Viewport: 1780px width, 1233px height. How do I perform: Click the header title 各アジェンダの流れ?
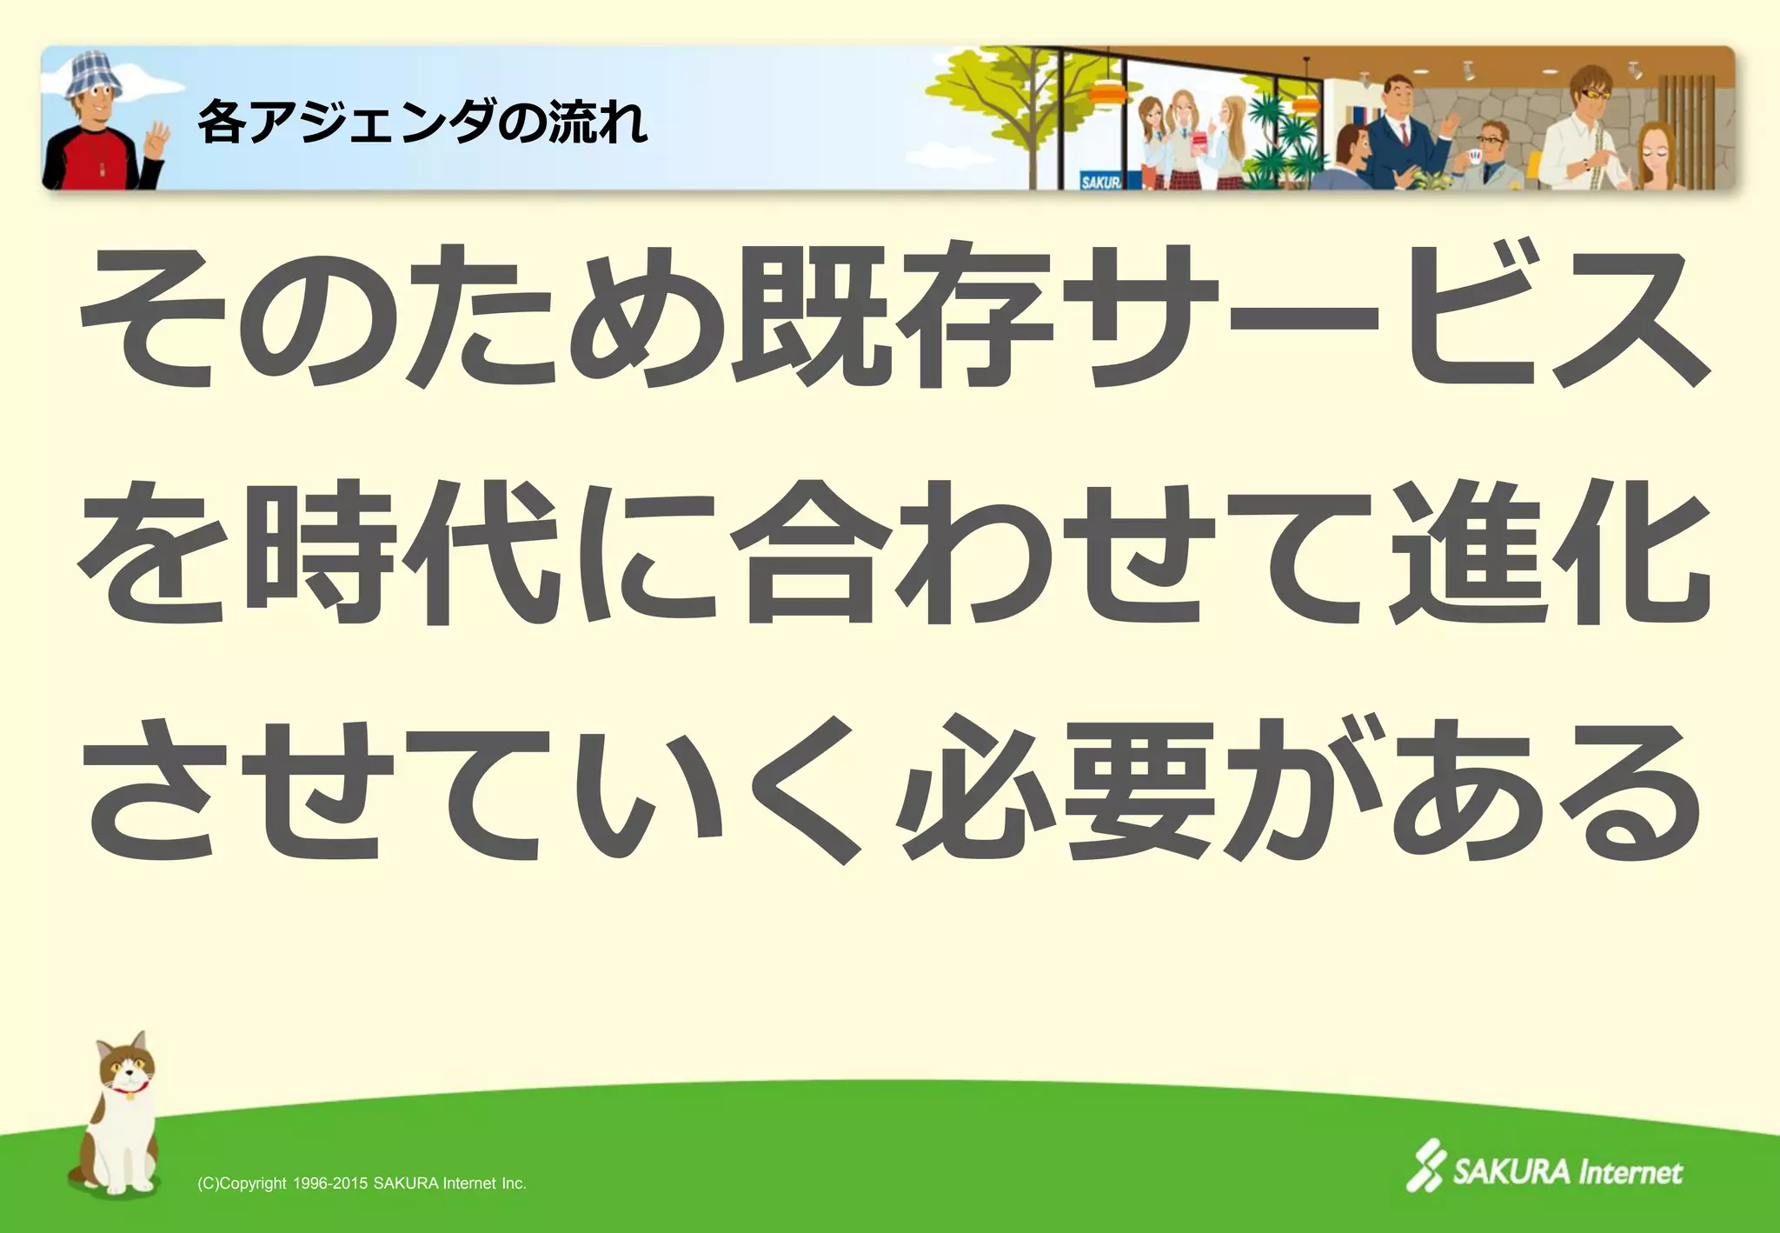pos(422,122)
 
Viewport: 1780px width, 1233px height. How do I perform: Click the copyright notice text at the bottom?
pos(362,1183)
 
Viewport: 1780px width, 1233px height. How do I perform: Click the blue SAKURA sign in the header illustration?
pos(1100,181)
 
